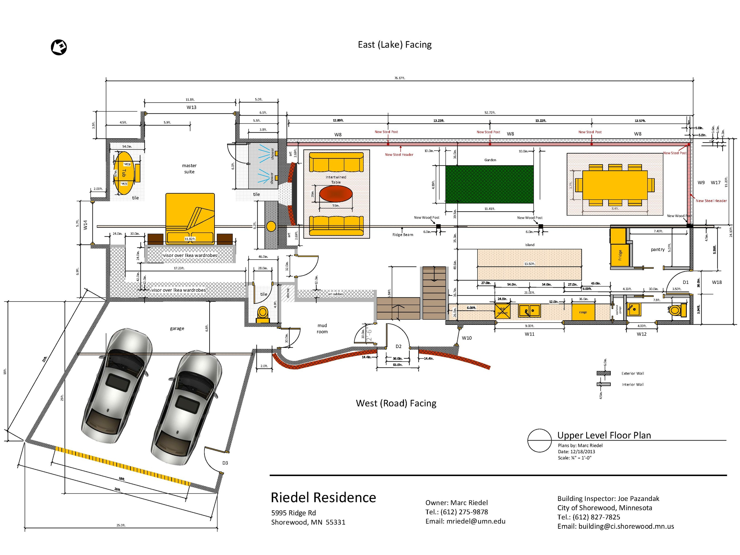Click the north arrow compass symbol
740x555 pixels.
(59, 47)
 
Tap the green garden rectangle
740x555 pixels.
(489, 184)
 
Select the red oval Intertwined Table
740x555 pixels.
(336, 194)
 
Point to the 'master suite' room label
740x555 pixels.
(189, 169)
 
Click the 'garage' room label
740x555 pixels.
(177, 328)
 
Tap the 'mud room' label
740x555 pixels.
(322, 328)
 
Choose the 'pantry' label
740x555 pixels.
(657, 249)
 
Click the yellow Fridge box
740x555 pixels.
(620, 255)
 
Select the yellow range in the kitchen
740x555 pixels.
(583, 312)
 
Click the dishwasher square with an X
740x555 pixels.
(502, 311)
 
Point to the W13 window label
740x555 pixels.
(191, 108)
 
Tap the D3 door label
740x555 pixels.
(225, 463)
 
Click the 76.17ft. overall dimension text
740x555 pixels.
(399, 78)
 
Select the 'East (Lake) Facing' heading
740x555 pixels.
(395, 45)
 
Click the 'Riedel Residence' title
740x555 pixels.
(323, 498)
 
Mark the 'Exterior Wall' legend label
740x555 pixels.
(632, 373)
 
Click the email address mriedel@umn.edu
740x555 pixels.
(476, 521)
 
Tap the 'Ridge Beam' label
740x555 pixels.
(402, 235)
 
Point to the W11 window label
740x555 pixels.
(529, 334)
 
